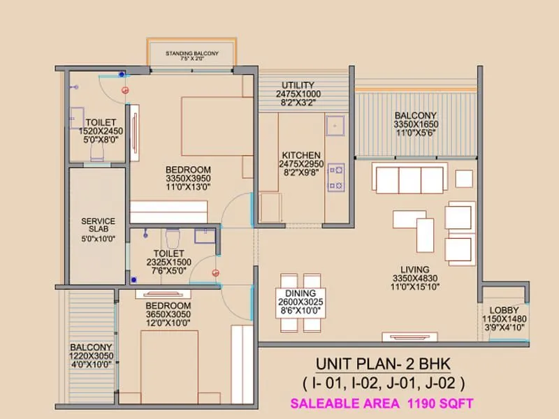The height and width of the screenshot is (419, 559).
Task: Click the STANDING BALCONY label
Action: click(x=191, y=53)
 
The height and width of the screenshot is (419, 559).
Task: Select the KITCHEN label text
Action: click(x=301, y=155)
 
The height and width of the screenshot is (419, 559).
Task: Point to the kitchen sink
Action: click(x=335, y=126)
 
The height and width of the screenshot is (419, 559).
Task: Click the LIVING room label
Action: click(x=414, y=270)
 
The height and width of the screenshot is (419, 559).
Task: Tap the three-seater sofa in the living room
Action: click(x=409, y=179)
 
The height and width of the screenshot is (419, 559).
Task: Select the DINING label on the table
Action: click(x=301, y=293)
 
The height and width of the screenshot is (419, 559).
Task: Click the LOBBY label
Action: click(x=504, y=310)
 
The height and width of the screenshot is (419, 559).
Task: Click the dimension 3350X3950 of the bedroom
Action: click(x=188, y=179)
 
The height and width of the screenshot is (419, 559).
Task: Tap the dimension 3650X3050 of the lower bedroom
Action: click(x=168, y=315)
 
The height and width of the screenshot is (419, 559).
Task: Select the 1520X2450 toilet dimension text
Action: click(x=100, y=131)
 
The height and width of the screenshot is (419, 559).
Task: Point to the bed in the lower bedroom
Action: click(x=170, y=367)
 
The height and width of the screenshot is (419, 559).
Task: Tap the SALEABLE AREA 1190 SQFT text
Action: click(x=382, y=403)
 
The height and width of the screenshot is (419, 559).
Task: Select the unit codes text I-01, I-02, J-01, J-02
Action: click(x=383, y=383)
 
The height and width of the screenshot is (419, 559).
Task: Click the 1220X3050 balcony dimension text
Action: click(x=91, y=356)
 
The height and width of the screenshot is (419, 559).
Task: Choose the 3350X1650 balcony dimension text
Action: click(x=415, y=124)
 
